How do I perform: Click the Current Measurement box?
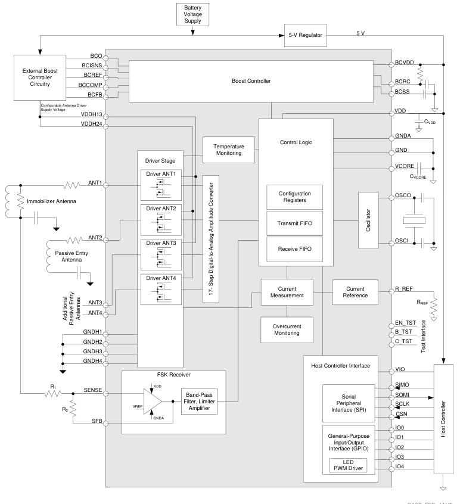[x=288, y=291]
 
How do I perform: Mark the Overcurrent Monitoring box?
[x=288, y=329]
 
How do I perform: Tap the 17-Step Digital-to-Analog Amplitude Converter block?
[x=211, y=239]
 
